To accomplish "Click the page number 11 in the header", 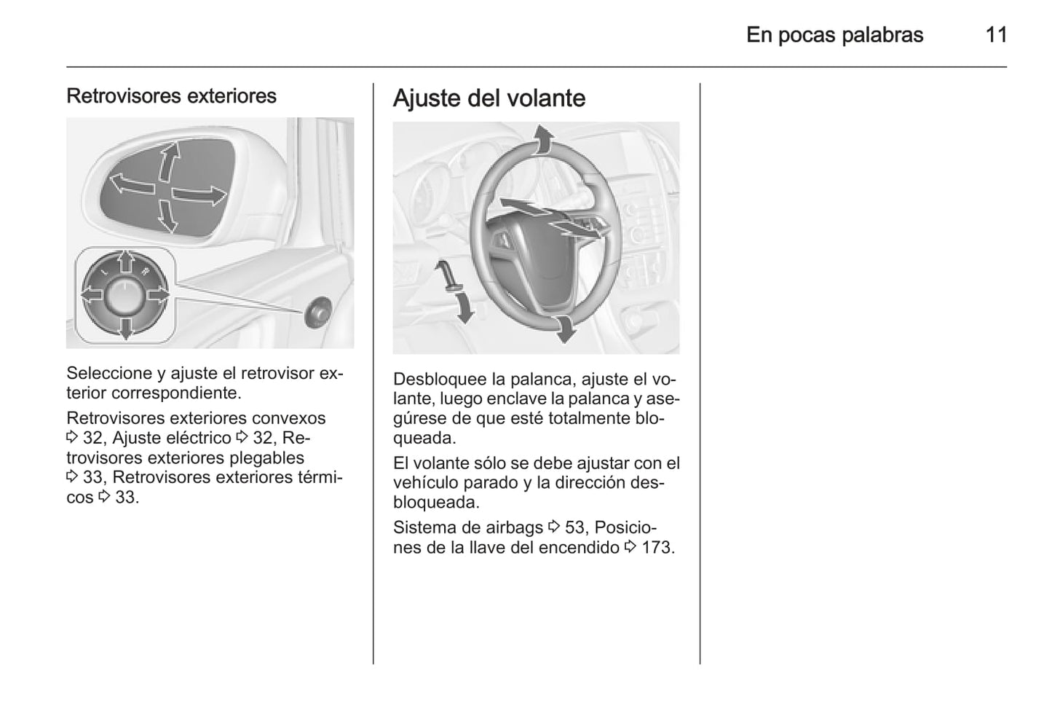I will point(995,35).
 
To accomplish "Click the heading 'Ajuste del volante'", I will point(489,98).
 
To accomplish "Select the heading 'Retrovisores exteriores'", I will point(171,96).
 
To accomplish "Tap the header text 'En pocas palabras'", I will point(834,35).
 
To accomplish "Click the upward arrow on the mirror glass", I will point(168,161).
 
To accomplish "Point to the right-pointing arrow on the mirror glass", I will point(199,195).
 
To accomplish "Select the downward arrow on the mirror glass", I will point(167,216).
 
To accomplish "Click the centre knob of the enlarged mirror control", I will point(125,295).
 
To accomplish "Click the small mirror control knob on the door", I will point(317,311).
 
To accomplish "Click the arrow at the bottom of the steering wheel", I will point(563,329).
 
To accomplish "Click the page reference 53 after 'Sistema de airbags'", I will point(574,527).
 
